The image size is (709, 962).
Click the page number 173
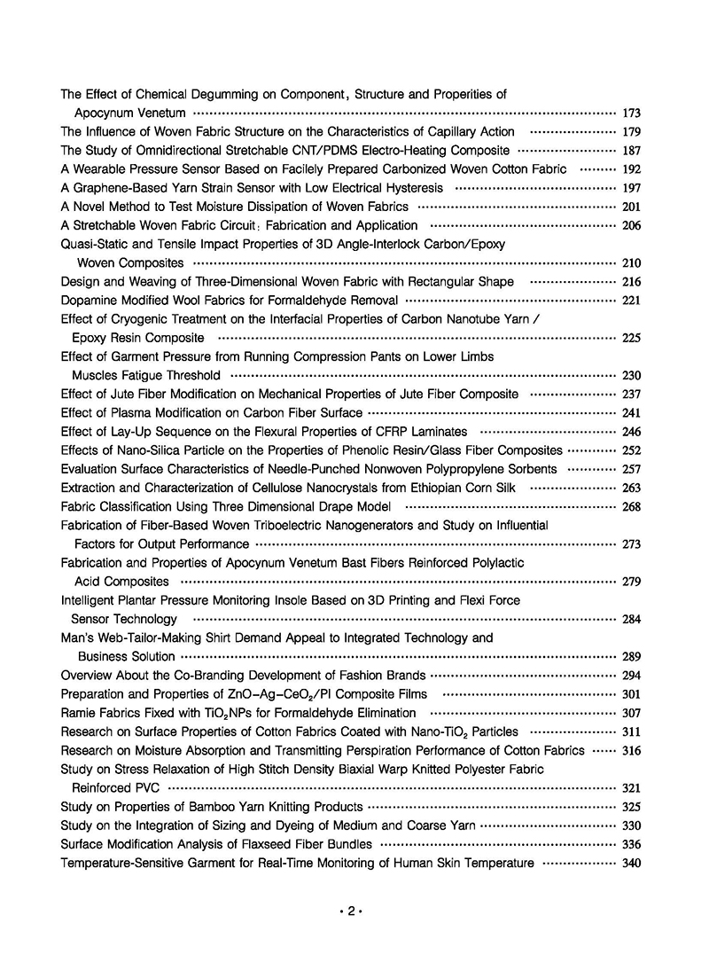(x=631, y=113)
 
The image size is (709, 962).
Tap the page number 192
(x=631, y=169)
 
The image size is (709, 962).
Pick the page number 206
(x=631, y=226)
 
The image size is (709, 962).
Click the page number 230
(x=631, y=376)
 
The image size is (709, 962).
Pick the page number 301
(x=631, y=694)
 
